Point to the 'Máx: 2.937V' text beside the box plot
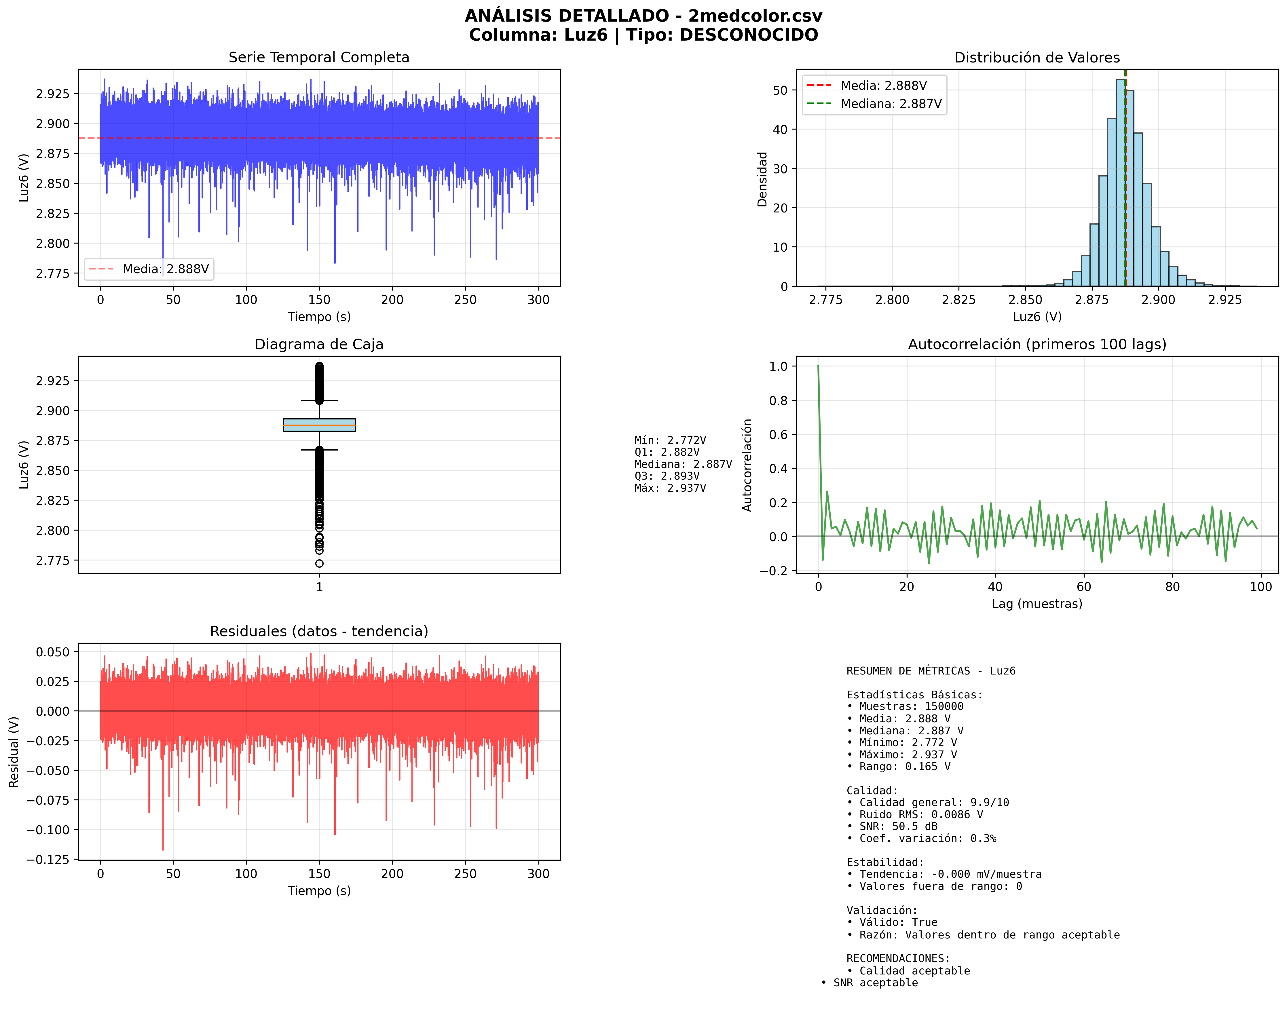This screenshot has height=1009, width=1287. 670,488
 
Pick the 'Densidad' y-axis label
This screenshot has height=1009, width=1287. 762,179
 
